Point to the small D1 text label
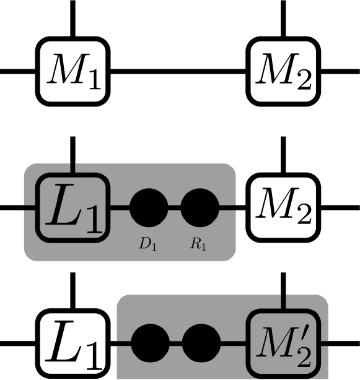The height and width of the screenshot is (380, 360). tap(147, 244)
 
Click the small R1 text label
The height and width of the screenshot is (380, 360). tap(198, 244)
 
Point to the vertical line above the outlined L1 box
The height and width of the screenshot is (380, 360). tap(73, 168)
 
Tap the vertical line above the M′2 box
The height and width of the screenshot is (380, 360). tap(283, 302)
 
